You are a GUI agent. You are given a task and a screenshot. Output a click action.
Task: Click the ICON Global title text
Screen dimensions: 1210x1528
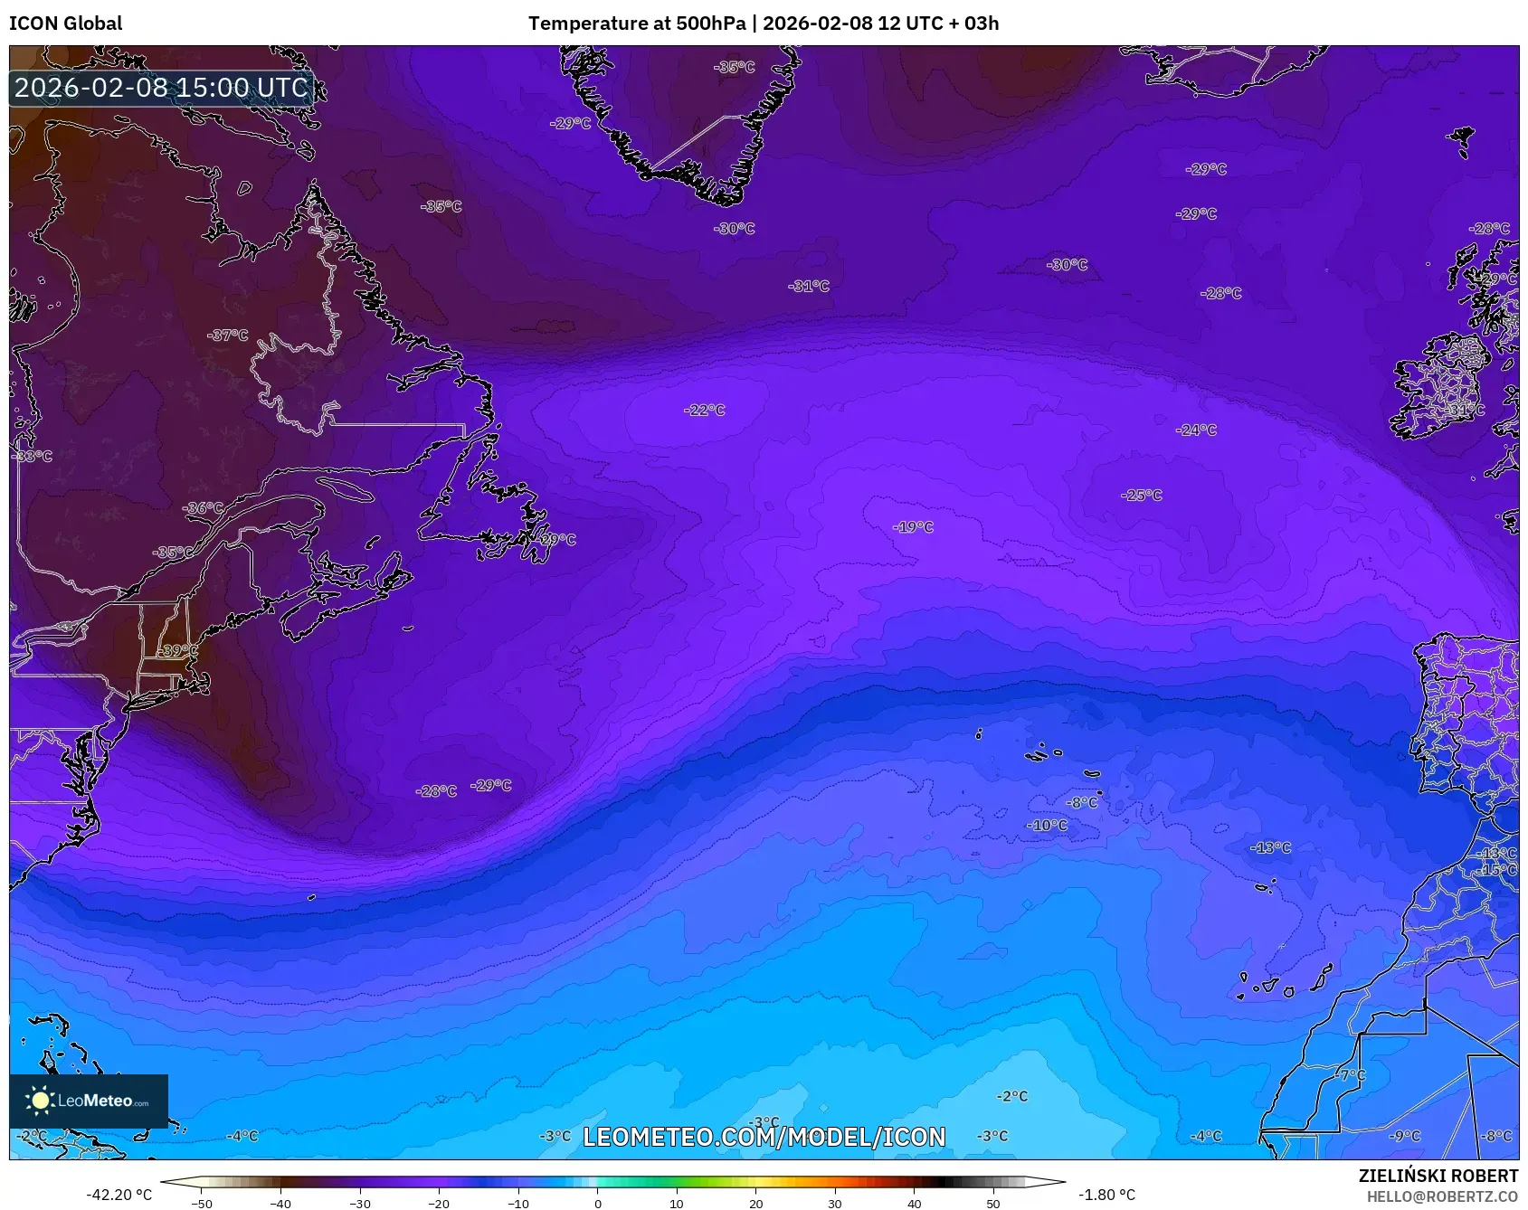pos(65,24)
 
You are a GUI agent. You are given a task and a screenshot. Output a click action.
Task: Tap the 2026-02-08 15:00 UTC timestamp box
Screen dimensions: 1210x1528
pos(161,88)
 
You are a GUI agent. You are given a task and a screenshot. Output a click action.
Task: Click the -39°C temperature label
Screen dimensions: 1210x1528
pos(177,650)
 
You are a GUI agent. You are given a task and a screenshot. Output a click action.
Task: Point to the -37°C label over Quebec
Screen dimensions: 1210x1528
pos(228,335)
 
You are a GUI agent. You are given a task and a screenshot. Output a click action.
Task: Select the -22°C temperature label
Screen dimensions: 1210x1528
pos(705,410)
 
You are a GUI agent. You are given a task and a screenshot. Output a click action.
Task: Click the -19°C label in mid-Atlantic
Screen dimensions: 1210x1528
pos(913,526)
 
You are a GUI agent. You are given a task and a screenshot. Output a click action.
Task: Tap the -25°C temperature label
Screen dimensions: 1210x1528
pos(1142,495)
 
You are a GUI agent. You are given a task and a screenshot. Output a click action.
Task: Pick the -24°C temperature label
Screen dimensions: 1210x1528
pos(1196,430)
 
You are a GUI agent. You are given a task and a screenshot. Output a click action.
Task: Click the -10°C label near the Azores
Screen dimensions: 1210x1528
pos(1047,825)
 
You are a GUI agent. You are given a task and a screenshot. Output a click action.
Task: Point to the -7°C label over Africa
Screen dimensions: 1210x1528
pos(1352,1074)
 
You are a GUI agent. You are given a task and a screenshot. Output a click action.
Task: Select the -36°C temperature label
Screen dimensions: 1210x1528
pos(203,507)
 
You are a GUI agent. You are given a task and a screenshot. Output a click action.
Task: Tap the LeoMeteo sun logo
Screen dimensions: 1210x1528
pos(40,1100)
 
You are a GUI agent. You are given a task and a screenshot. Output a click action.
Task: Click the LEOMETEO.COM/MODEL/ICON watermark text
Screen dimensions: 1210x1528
pos(764,1137)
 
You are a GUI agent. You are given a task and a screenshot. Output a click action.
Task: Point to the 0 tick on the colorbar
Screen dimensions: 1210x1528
pos(597,1203)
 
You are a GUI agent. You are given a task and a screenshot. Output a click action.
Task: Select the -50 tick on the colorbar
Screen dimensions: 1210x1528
pos(202,1203)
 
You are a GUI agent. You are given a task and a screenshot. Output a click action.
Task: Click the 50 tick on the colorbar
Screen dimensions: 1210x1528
pos(993,1203)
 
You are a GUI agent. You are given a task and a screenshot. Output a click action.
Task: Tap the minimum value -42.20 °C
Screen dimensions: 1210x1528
pos(119,1195)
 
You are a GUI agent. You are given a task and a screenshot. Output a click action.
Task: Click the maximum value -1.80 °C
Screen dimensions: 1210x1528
pos(1106,1195)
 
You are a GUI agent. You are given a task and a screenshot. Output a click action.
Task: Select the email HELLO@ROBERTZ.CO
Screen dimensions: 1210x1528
pos(1442,1196)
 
